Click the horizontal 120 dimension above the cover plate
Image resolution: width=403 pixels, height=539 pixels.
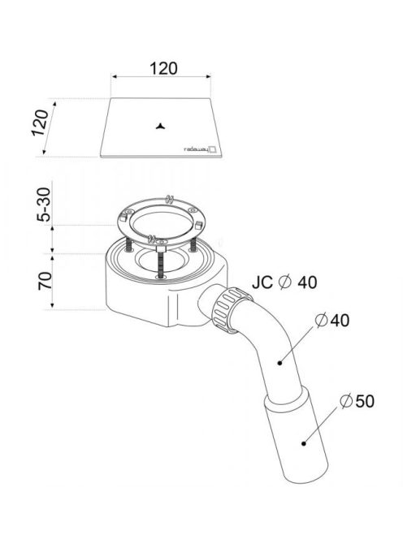[x=163, y=68]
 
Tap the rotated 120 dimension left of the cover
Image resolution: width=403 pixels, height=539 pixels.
[x=40, y=123]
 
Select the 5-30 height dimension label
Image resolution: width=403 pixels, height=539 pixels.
[x=45, y=205]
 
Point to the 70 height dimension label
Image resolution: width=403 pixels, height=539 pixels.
[x=45, y=281]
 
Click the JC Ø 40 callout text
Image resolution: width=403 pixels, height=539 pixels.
[x=284, y=282]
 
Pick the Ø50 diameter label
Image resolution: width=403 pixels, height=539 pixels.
[x=357, y=401]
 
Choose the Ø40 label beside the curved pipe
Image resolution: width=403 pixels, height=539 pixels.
[x=332, y=321]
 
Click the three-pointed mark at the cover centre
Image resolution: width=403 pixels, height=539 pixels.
[x=160, y=127]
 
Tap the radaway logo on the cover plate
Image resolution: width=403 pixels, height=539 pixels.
[x=201, y=149]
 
